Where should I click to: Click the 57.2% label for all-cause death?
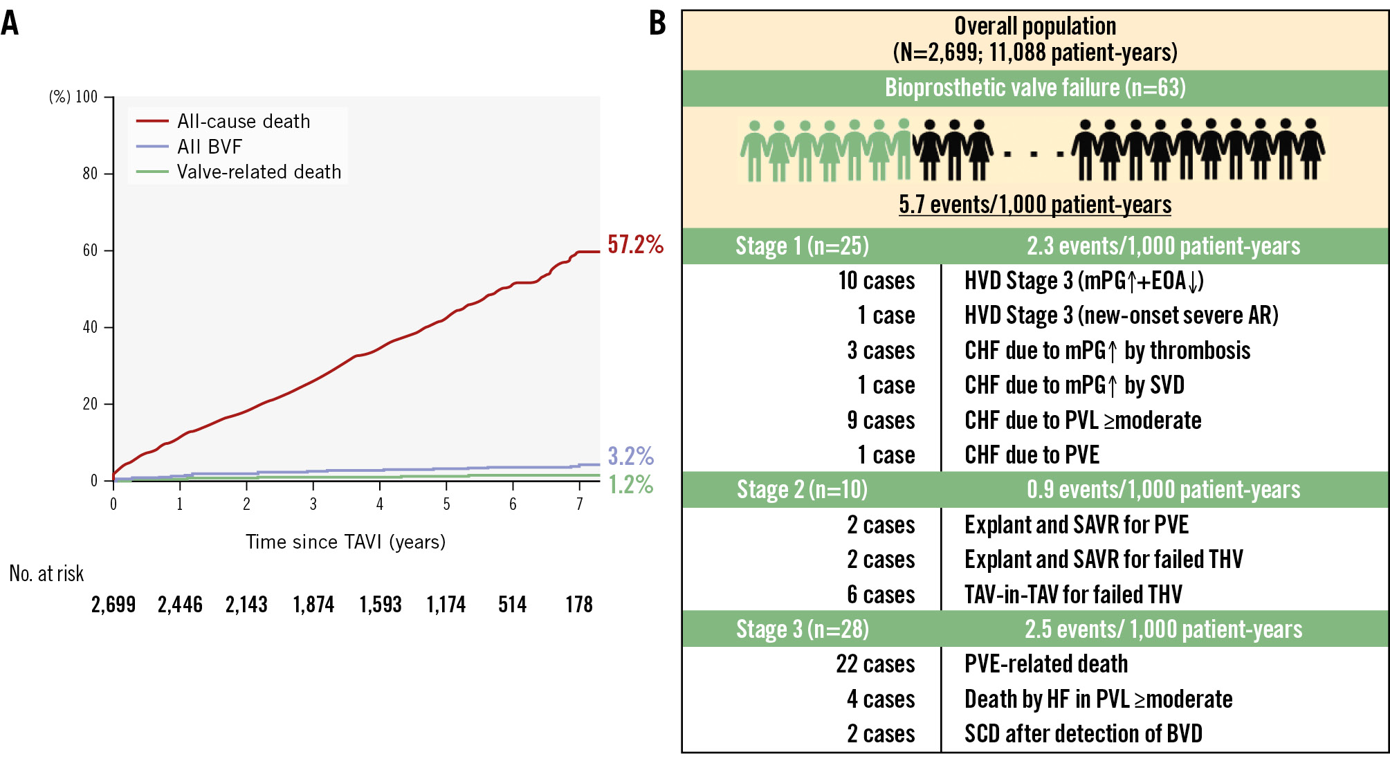tap(635, 244)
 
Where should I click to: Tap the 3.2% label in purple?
tap(630, 456)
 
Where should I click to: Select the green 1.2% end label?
tap(630, 484)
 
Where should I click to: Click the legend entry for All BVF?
tap(209, 147)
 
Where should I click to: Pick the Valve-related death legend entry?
tap(259, 172)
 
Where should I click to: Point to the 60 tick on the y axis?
tap(90, 250)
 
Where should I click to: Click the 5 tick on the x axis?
tap(446, 504)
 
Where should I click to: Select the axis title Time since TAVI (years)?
tap(345, 542)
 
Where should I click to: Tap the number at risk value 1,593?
tap(380, 605)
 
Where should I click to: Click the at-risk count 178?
tap(579, 605)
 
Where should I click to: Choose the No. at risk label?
tap(46, 574)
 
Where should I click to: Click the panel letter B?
tap(657, 24)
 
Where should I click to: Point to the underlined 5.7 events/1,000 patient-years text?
tap(1035, 205)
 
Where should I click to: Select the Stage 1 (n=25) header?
tap(802, 246)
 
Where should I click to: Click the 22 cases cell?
tap(875, 664)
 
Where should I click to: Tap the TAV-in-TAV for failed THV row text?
tap(1073, 594)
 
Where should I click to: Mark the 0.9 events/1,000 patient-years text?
tap(1163, 490)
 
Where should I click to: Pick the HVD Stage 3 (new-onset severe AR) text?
tap(1121, 315)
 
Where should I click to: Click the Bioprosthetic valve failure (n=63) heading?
tap(1035, 88)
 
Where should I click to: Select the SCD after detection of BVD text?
tap(1083, 734)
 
